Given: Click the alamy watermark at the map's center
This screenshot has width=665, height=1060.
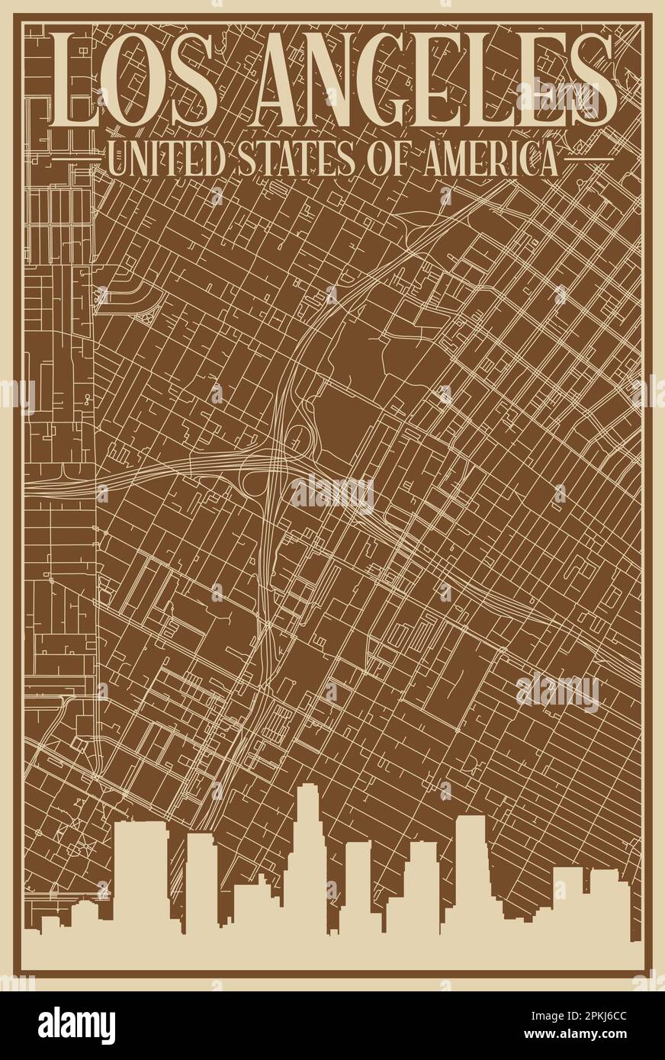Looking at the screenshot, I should (332, 494).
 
